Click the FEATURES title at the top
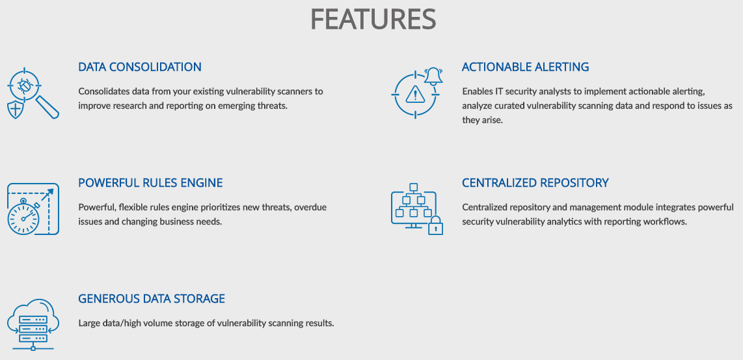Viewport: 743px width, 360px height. [373, 20]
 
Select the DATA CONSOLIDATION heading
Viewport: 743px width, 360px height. [140, 67]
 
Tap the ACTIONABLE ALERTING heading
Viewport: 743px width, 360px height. [526, 67]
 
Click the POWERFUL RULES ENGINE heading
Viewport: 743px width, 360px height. [150, 183]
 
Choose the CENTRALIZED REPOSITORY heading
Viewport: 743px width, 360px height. [535, 183]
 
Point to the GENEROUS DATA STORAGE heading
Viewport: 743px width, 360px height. [152, 299]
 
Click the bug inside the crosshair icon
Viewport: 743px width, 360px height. [23, 86]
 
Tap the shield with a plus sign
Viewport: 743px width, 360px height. [16, 109]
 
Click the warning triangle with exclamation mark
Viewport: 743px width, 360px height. [416, 94]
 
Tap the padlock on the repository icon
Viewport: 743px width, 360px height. [435, 226]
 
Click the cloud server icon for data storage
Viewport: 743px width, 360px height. [33, 324]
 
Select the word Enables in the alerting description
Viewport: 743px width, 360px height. [476, 91]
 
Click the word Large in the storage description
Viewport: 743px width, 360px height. [88, 324]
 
